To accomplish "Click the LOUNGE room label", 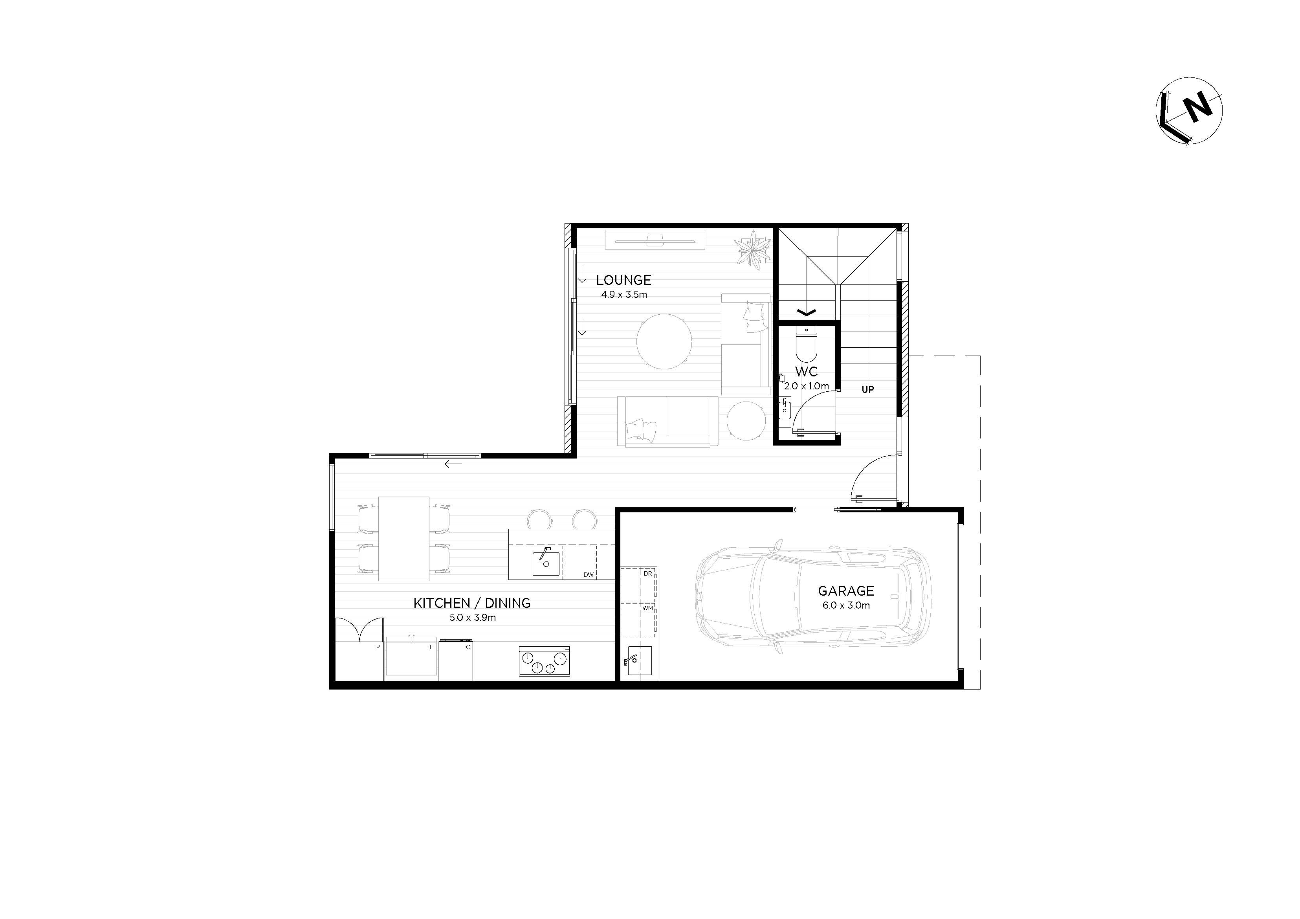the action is coord(623,280).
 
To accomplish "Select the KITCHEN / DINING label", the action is coord(472,603).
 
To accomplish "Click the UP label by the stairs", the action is coord(867,390).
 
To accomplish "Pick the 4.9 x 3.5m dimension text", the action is coord(624,294).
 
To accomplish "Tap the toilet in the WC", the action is coord(806,344).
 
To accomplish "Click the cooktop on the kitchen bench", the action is coord(544,661).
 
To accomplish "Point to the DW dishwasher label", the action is coord(588,575).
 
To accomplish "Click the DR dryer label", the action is coord(648,574).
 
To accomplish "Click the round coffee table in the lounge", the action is coord(664,342).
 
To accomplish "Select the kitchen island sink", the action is coord(546,562).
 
